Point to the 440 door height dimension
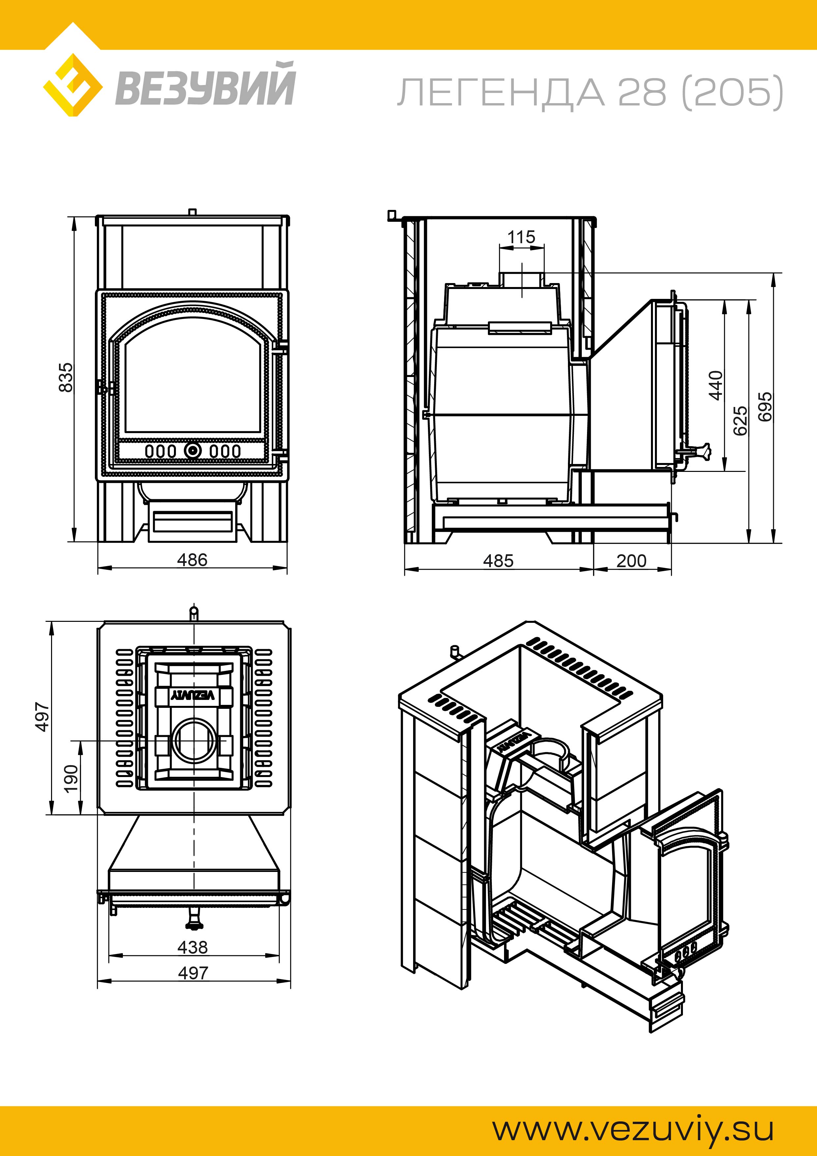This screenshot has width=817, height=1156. click(715, 385)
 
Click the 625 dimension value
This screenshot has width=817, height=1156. click(740, 420)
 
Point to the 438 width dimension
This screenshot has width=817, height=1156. click(192, 947)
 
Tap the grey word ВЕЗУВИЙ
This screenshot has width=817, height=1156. click(205, 85)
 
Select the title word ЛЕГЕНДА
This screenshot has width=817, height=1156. click(501, 93)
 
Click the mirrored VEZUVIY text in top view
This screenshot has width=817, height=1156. click(194, 695)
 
